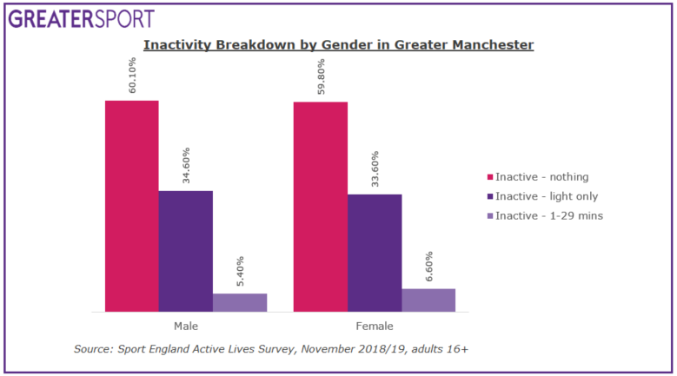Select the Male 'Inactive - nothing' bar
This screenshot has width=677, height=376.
click(132, 206)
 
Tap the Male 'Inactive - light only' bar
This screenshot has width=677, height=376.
click(186, 251)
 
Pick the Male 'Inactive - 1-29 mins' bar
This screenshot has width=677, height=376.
click(240, 302)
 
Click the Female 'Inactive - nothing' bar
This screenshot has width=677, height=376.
click(321, 207)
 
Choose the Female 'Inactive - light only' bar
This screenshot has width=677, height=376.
click(375, 253)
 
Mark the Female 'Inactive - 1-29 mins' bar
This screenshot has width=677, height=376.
click(428, 300)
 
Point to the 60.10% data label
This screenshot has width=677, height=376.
click(133, 76)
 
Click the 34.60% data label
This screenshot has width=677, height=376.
click(186, 166)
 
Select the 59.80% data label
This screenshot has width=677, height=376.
click(322, 77)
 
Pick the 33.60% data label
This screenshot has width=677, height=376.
click(375, 169)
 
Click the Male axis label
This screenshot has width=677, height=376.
click(186, 327)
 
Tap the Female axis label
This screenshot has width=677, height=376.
click(375, 327)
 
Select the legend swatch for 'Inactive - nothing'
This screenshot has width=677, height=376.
click(490, 177)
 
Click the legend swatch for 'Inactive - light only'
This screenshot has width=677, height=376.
click(490, 196)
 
